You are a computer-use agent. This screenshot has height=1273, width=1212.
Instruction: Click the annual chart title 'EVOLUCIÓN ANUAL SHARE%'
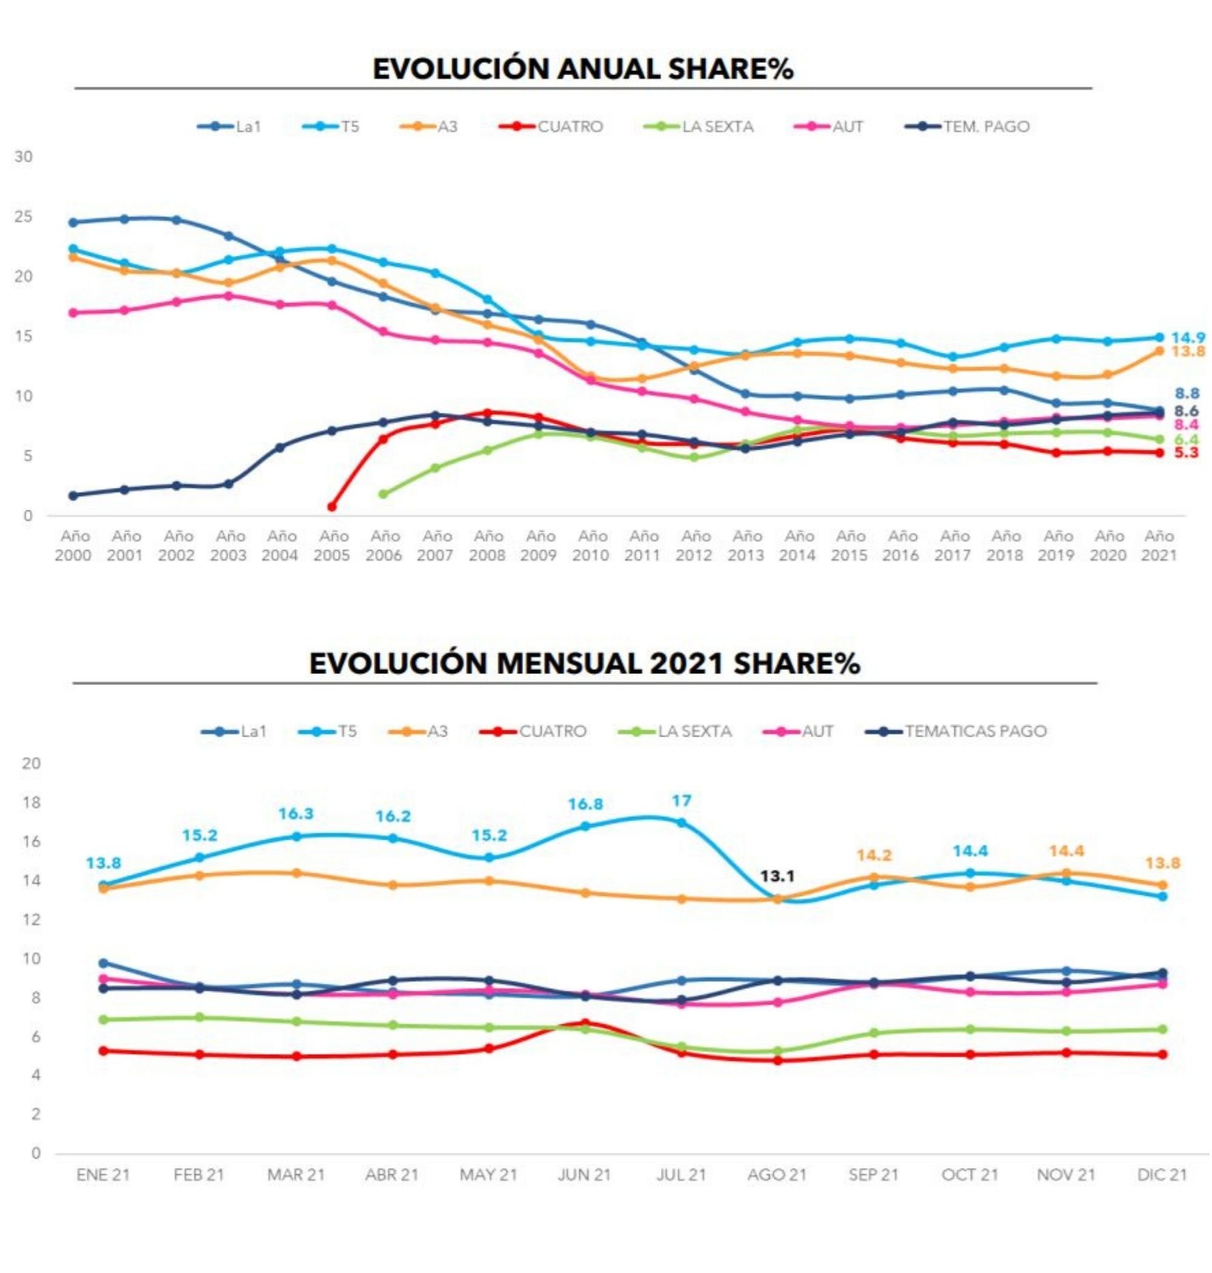pyautogui.click(x=583, y=68)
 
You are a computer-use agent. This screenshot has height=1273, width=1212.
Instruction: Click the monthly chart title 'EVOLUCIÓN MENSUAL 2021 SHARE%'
pyautogui.click(x=584, y=664)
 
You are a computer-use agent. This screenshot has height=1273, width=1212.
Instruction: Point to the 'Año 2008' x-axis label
pyautogui.click(x=487, y=546)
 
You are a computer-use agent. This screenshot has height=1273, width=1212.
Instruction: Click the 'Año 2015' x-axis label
pyautogui.click(x=850, y=546)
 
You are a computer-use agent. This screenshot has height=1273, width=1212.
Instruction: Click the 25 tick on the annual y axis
pyautogui.click(x=24, y=217)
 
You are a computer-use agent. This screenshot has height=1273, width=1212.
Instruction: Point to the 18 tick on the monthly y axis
pyautogui.click(x=30, y=803)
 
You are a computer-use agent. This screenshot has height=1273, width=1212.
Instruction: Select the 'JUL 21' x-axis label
pyautogui.click(x=681, y=1175)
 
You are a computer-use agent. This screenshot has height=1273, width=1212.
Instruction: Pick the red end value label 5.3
pyautogui.click(x=1185, y=452)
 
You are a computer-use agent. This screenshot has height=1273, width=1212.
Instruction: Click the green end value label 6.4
pyautogui.click(x=1186, y=439)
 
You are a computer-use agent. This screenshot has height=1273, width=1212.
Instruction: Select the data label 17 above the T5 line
pyautogui.click(x=682, y=801)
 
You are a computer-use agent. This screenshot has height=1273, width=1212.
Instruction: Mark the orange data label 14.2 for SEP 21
pyautogui.click(x=874, y=855)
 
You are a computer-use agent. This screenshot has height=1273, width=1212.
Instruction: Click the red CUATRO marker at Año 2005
pyautogui.click(x=331, y=507)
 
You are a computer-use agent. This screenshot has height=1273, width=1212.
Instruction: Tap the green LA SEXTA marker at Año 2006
pyautogui.click(x=383, y=493)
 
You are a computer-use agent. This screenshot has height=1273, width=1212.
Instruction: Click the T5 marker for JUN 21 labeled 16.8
pyautogui.click(x=585, y=826)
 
